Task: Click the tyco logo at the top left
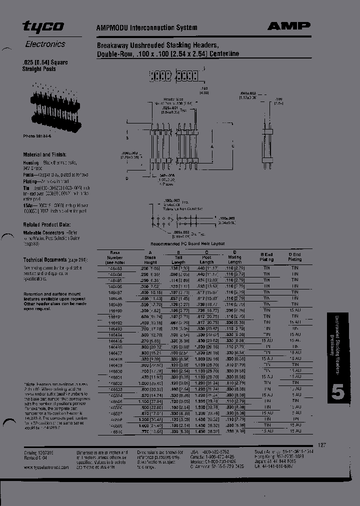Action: (43, 27)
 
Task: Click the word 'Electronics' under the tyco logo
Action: (45, 44)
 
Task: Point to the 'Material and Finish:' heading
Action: (44, 155)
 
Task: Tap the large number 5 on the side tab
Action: (338, 392)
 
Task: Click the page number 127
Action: (322, 444)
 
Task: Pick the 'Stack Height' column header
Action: (150, 257)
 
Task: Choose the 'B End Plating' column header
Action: (266, 257)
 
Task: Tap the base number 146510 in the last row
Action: (115, 430)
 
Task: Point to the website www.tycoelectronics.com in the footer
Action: (46, 466)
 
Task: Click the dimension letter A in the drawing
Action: (212, 146)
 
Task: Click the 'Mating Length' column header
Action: (234, 257)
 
